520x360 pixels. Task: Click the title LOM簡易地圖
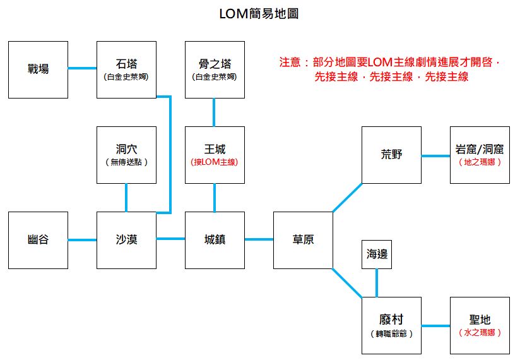click(258, 14)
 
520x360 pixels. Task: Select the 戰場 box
click(38, 69)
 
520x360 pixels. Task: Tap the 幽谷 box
click(38, 240)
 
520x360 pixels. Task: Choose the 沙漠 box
click(127, 240)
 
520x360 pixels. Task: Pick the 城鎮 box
click(215, 240)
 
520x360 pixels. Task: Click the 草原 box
click(304, 240)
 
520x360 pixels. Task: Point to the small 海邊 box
click(377, 255)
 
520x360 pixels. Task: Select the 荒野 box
click(391, 155)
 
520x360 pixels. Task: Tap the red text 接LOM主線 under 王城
click(215, 162)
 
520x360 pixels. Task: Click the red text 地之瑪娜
click(480, 162)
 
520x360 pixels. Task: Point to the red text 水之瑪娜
click(480, 333)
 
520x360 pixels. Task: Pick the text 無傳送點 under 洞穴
click(127, 162)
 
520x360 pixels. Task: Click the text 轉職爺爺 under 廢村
click(391, 333)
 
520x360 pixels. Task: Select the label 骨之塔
click(215, 64)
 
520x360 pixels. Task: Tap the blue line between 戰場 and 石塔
click(83, 68)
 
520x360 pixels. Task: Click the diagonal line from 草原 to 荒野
click(348, 198)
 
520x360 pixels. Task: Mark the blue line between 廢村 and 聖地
click(435, 326)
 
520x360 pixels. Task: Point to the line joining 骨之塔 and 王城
click(215, 112)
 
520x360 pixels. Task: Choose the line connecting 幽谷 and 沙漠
click(83, 239)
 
